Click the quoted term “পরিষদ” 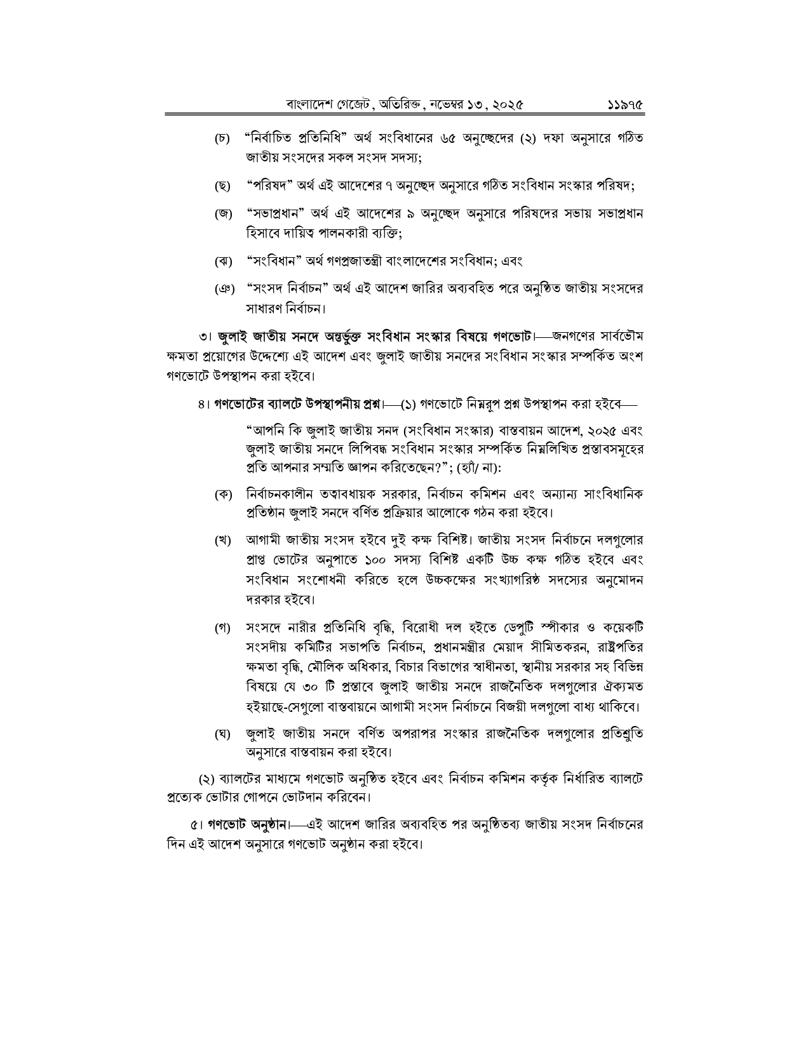coord(267,186)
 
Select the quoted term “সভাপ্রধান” coord(275,214)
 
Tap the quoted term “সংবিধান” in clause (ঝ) coord(273,261)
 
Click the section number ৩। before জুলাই coord(205,335)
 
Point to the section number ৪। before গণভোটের coord(203,403)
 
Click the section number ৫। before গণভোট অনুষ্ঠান coord(196,826)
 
